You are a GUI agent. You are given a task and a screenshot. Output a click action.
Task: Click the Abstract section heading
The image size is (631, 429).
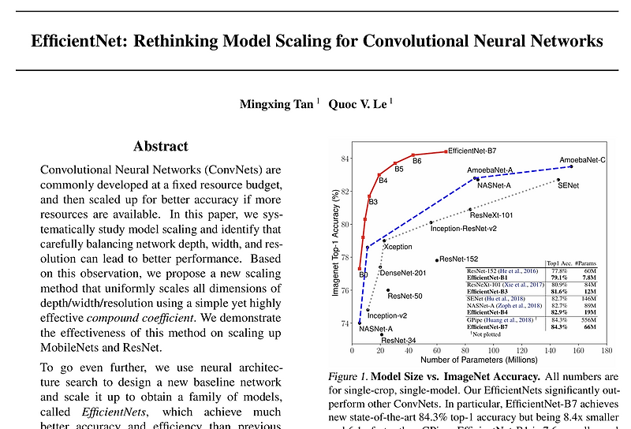point(161,146)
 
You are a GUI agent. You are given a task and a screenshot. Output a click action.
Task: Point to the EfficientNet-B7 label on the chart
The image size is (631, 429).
point(472,150)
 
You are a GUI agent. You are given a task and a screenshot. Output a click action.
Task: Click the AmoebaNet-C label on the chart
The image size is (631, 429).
point(582,160)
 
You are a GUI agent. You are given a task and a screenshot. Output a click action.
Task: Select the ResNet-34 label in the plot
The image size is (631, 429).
point(398,340)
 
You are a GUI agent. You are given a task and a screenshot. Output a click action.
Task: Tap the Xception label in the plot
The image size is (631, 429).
point(398,247)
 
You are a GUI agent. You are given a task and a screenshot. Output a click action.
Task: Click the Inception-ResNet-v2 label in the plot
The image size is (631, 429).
point(463,228)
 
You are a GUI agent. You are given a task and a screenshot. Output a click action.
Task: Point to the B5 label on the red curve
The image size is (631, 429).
point(399,169)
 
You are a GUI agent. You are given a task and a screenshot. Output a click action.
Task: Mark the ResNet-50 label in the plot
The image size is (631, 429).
point(405,296)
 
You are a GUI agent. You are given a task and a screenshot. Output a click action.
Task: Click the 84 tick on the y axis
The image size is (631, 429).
point(345,159)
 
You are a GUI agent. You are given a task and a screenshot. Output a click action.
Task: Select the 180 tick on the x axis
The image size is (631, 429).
point(607,349)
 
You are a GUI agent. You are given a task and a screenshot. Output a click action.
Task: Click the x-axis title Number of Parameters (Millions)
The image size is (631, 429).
point(479,360)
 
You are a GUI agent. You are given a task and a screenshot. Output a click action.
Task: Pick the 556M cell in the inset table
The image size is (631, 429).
point(590,320)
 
